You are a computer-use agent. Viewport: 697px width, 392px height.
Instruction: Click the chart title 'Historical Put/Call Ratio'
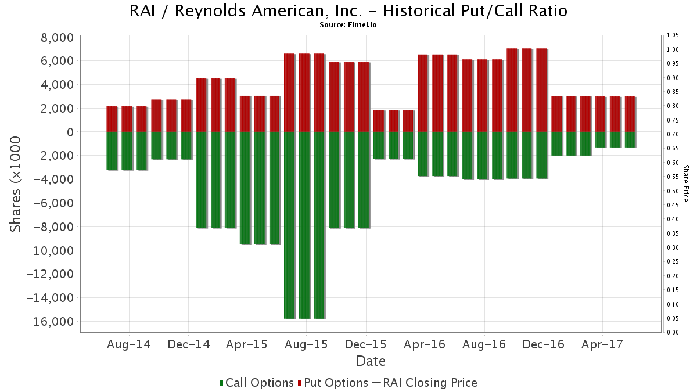coord(348,11)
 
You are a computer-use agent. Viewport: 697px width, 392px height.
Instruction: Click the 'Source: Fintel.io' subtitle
coord(348,25)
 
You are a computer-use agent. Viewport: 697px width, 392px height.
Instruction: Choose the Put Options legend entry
coord(333,383)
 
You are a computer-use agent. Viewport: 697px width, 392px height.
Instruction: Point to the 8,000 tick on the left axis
coord(54,38)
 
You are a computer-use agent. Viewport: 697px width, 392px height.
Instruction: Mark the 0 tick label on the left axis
coord(69,132)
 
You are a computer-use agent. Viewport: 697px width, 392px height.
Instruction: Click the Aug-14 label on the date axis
coord(128,344)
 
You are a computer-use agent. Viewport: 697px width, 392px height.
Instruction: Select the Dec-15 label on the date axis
coord(365,344)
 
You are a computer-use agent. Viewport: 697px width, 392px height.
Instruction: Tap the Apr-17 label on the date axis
coord(602,344)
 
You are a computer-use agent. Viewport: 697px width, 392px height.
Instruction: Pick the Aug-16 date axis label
coord(484,344)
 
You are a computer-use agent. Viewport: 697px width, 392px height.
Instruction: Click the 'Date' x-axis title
coord(371,361)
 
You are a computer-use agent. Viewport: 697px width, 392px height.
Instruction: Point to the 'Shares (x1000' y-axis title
coord(16,184)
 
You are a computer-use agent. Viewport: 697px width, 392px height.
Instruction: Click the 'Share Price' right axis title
coord(686,183)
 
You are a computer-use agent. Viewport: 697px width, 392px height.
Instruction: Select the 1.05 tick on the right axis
coord(673,35)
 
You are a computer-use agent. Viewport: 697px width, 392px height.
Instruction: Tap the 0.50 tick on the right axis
coord(673,191)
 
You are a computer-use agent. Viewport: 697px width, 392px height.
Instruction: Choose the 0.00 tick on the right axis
coord(673,333)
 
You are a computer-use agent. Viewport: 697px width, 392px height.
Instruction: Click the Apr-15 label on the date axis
coord(247,344)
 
